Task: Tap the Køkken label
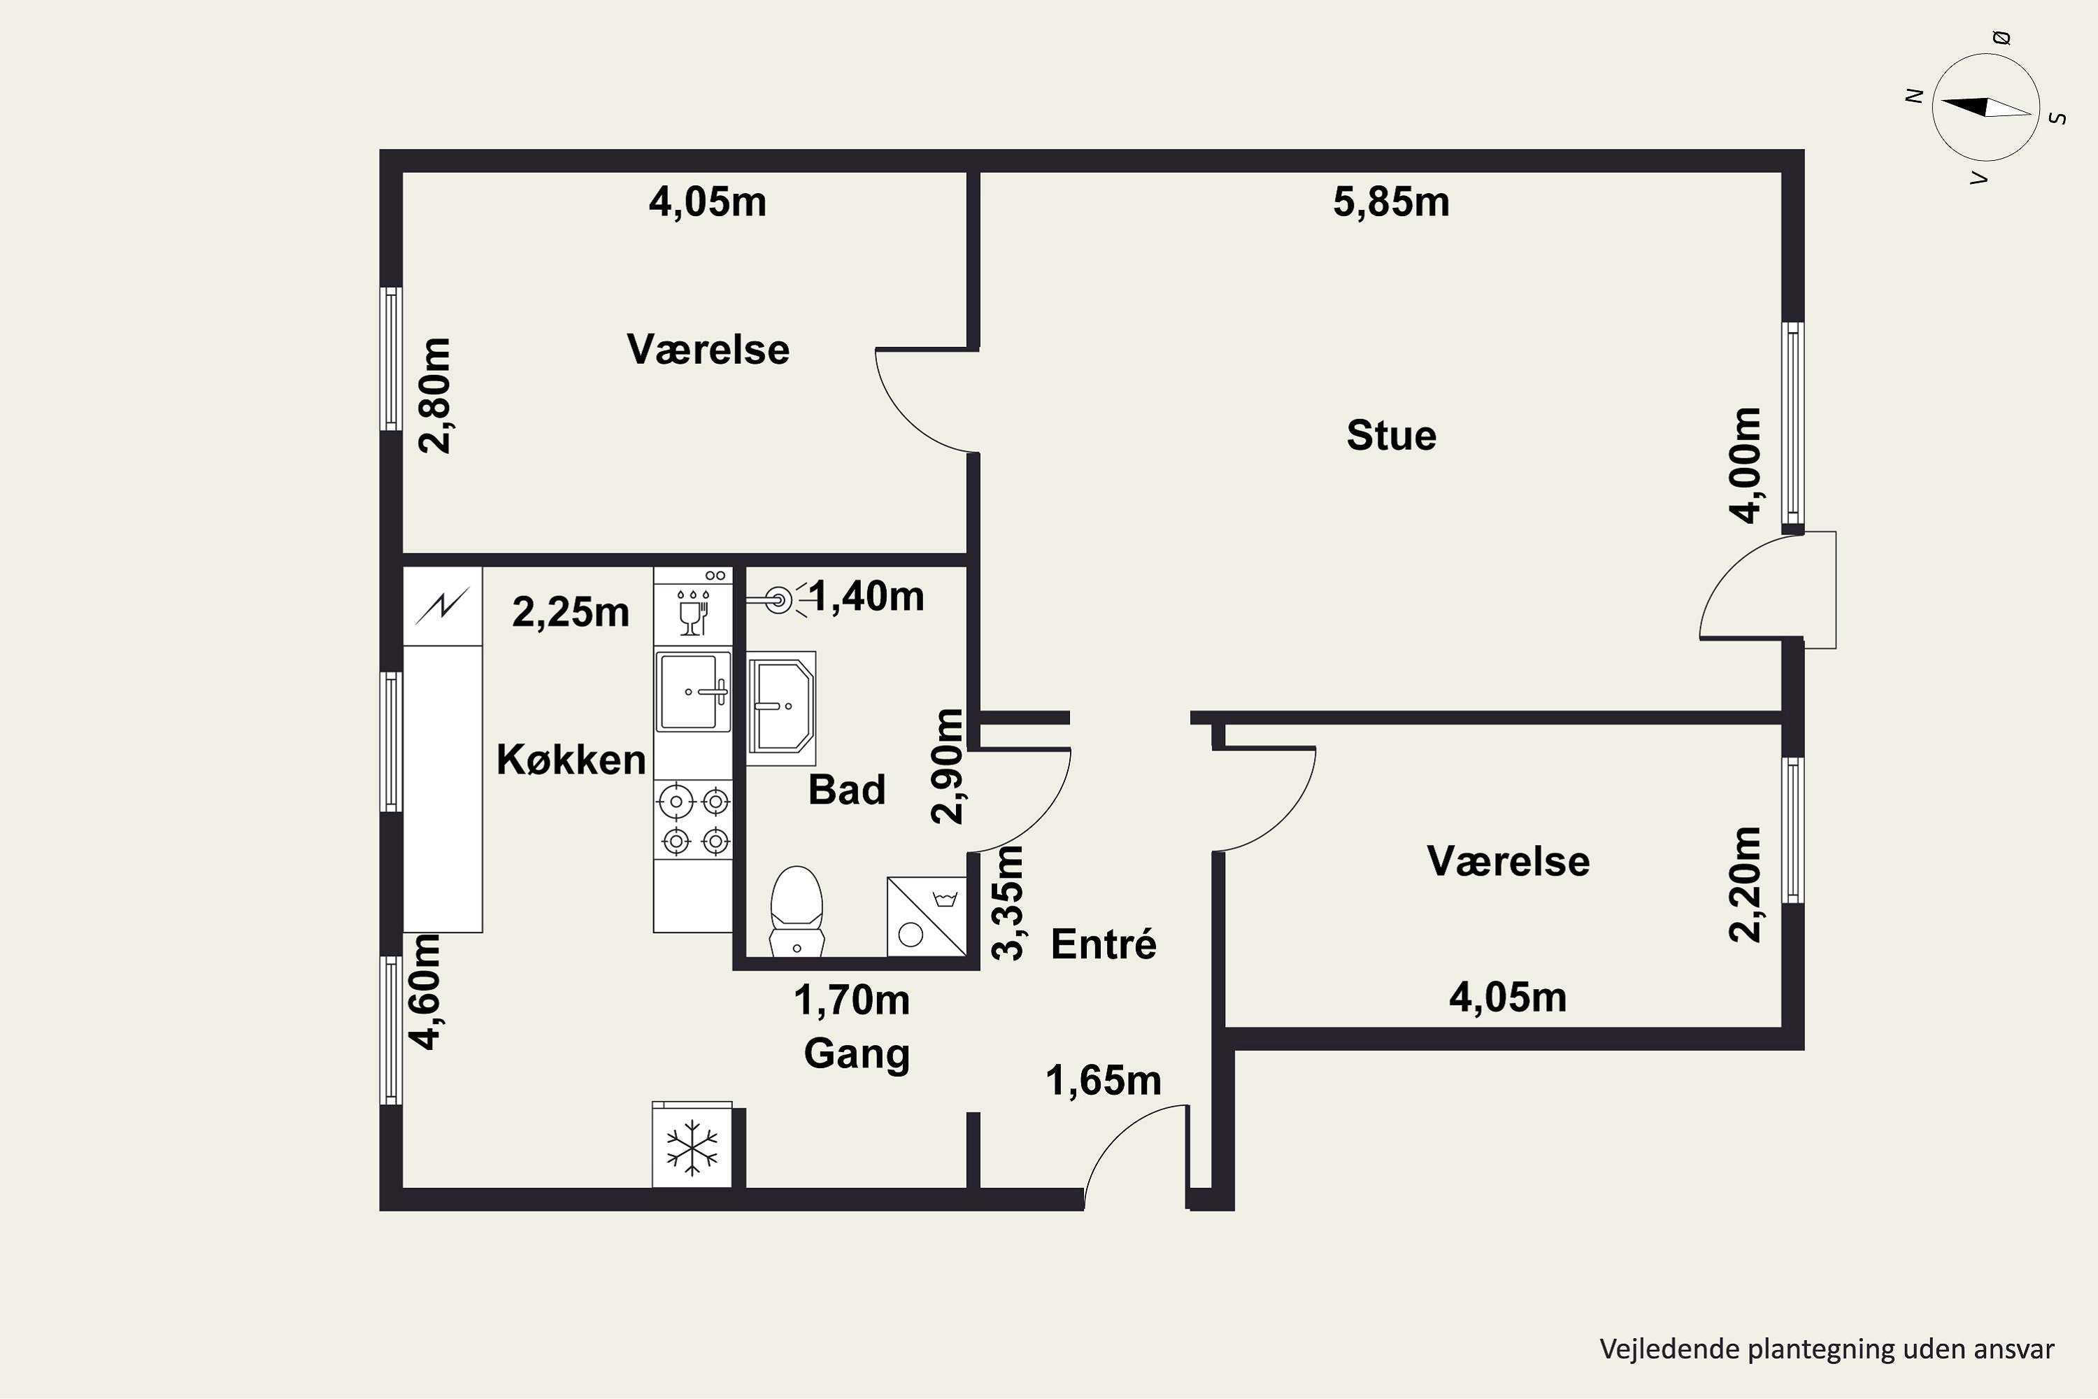point(571,760)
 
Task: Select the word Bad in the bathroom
point(846,790)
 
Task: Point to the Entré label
point(1104,944)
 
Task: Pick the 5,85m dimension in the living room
point(1391,203)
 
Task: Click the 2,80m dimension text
point(435,396)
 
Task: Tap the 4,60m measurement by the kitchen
point(424,992)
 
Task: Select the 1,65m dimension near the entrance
point(1104,1081)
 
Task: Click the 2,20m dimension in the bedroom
point(1745,885)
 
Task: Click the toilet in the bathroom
point(797,911)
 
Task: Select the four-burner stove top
point(693,820)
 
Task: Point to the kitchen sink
point(693,690)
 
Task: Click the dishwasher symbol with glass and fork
point(693,606)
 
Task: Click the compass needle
point(1985,108)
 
